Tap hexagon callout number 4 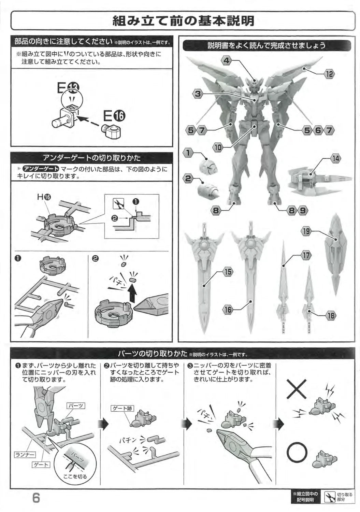[x=226, y=60]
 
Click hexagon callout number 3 [x=198, y=94]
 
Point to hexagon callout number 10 [x=218, y=147]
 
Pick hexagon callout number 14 [x=335, y=159]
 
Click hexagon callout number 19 [x=306, y=231]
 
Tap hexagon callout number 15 [x=228, y=272]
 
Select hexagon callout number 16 [x=228, y=310]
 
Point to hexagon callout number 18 [x=331, y=316]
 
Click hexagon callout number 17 [x=306, y=255]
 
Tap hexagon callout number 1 [x=188, y=153]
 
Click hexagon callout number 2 [x=188, y=178]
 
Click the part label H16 [x=44, y=197]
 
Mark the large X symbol [x=297, y=388]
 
